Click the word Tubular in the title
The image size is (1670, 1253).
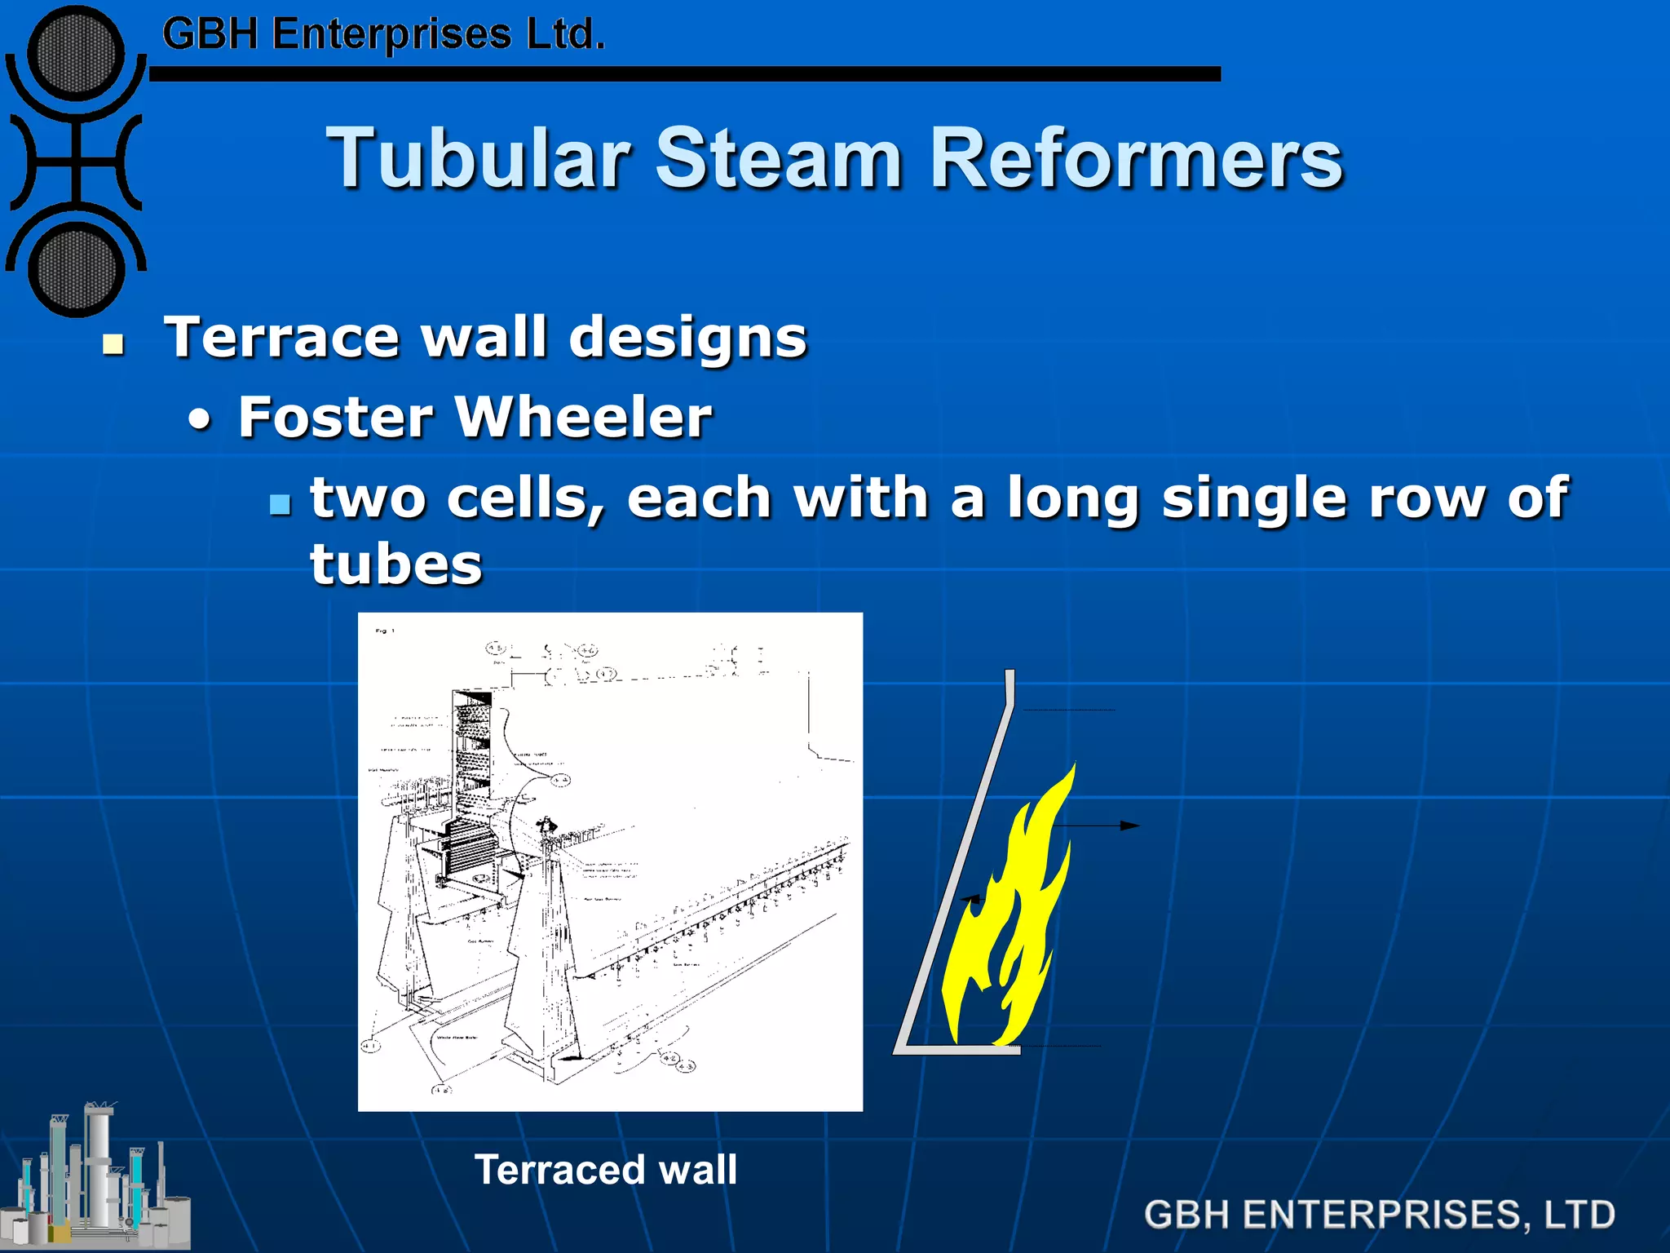click(x=479, y=158)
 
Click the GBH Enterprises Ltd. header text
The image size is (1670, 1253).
click(x=383, y=35)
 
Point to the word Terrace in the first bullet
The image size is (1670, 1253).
click(x=282, y=337)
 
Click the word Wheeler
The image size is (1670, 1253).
click(x=583, y=417)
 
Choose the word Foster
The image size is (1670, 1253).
click(x=335, y=417)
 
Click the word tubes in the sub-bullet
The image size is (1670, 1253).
click(x=396, y=564)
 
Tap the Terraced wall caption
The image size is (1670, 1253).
click(x=606, y=1169)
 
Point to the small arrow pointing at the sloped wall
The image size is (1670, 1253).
click(x=970, y=899)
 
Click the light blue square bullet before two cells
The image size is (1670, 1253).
click(x=280, y=504)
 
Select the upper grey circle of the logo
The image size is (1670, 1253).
click(x=76, y=55)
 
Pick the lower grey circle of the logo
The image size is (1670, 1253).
click(x=76, y=270)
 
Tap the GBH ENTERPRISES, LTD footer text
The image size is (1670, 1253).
click(x=1379, y=1214)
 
